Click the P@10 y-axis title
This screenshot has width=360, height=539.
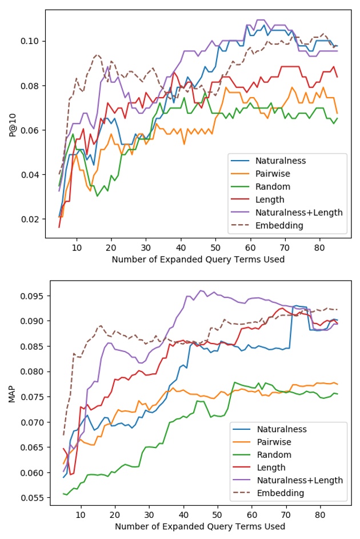20,121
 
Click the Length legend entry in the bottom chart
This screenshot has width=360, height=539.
273,467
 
